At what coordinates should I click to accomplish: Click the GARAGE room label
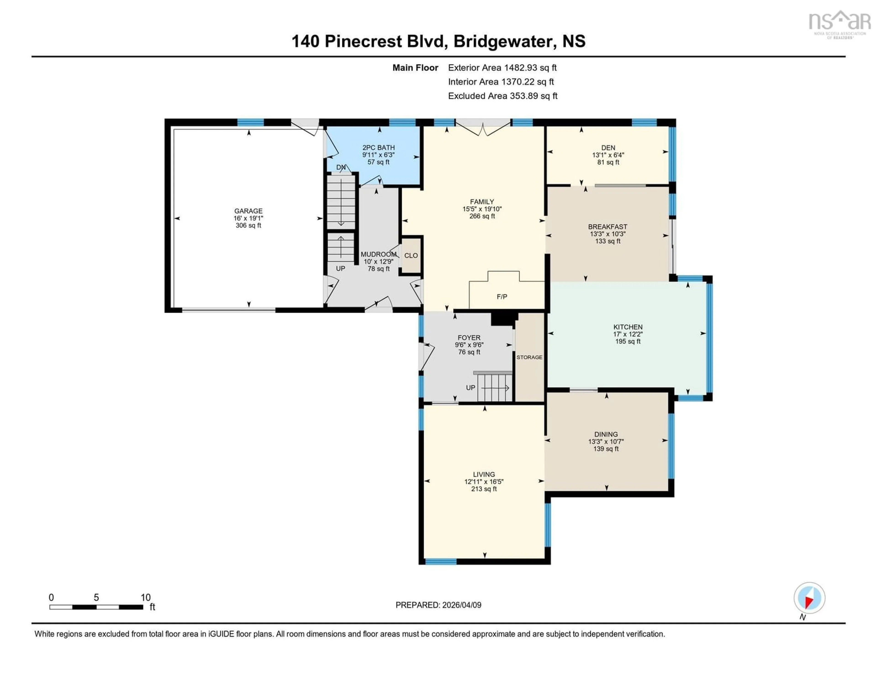(x=248, y=211)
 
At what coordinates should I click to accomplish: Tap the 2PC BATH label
(x=378, y=147)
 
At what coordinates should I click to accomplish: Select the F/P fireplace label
(x=502, y=297)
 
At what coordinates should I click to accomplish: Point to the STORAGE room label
(x=529, y=357)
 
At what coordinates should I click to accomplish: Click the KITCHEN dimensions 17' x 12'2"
(x=628, y=334)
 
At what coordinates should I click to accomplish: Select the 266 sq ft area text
(x=482, y=216)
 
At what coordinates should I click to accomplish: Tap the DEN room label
(x=608, y=147)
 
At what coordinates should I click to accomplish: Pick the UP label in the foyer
(x=470, y=387)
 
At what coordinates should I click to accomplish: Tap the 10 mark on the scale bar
(x=145, y=597)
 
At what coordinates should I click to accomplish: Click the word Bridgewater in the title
(x=502, y=41)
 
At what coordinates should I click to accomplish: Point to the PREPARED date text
(x=438, y=605)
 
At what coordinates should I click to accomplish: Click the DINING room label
(x=605, y=434)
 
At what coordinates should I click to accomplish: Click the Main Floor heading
(x=415, y=67)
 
